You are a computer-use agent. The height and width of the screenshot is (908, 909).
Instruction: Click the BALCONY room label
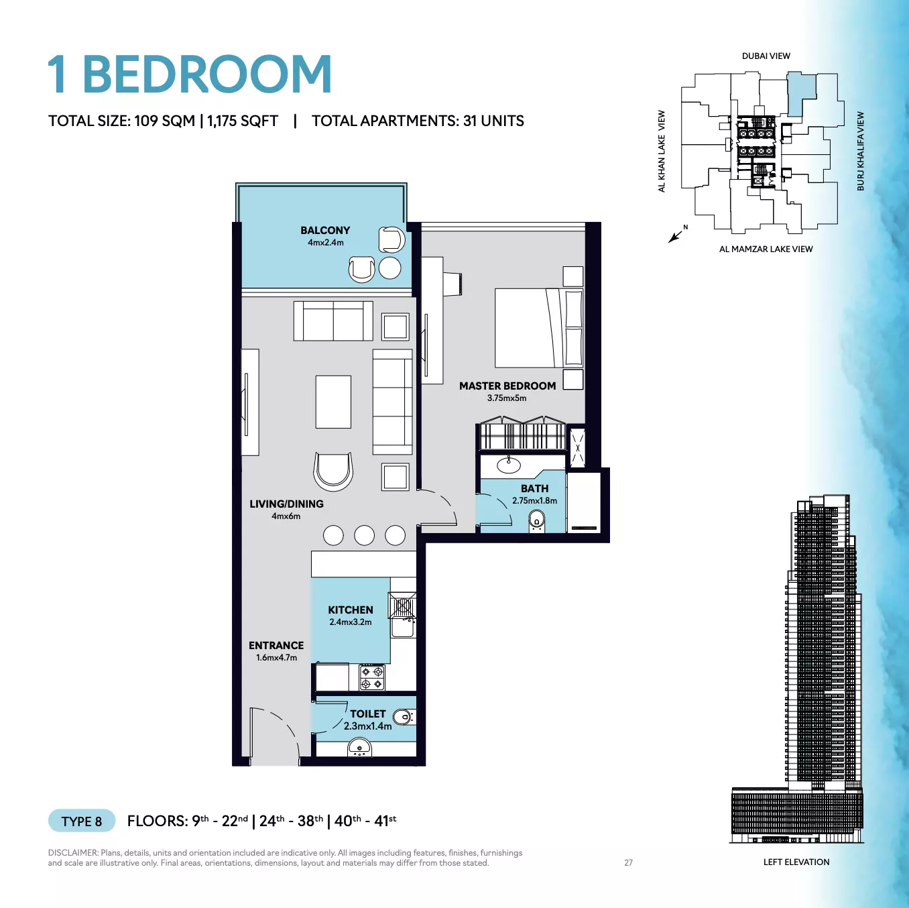325,230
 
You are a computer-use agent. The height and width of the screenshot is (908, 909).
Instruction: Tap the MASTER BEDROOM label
507,386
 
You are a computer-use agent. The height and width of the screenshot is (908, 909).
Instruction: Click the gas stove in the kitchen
372,677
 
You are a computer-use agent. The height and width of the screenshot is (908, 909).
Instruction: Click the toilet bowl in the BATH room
536,522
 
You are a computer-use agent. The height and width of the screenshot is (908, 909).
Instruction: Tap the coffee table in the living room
333,402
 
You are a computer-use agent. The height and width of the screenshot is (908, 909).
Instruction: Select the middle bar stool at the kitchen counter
364,536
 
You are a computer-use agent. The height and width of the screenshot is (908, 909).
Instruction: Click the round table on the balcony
389,268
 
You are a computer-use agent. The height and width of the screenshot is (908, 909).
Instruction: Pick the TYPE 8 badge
82,821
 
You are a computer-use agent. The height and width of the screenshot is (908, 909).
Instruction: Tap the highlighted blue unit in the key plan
800,93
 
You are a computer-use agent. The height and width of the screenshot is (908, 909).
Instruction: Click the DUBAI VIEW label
766,56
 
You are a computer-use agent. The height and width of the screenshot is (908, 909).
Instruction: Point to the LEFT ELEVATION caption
796,862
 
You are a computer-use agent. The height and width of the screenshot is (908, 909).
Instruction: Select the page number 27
628,862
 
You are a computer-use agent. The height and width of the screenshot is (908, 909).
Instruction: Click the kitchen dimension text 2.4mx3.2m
351,622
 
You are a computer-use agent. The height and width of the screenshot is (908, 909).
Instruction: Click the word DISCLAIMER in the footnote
73,853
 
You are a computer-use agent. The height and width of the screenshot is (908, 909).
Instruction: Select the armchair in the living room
333,471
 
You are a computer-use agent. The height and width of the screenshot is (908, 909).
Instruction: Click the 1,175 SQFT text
243,121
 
